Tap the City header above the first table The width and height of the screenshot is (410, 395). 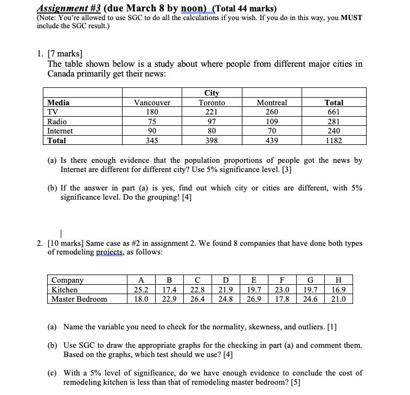[x=212, y=93]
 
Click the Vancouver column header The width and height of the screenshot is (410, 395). [x=152, y=103]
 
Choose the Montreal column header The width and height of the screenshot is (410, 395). [x=272, y=103]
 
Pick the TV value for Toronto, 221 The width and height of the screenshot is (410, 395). [x=212, y=112]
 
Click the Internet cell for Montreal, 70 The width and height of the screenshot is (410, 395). [x=272, y=131]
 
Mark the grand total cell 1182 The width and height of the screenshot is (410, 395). [x=334, y=141]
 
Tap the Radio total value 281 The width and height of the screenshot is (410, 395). [x=334, y=122]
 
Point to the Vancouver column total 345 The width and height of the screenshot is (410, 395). [x=152, y=141]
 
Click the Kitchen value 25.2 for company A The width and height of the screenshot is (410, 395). [x=142, y=289]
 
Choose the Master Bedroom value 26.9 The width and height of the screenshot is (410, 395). [x=254, y=298]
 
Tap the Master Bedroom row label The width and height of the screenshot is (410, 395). [x=79, y=298]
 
